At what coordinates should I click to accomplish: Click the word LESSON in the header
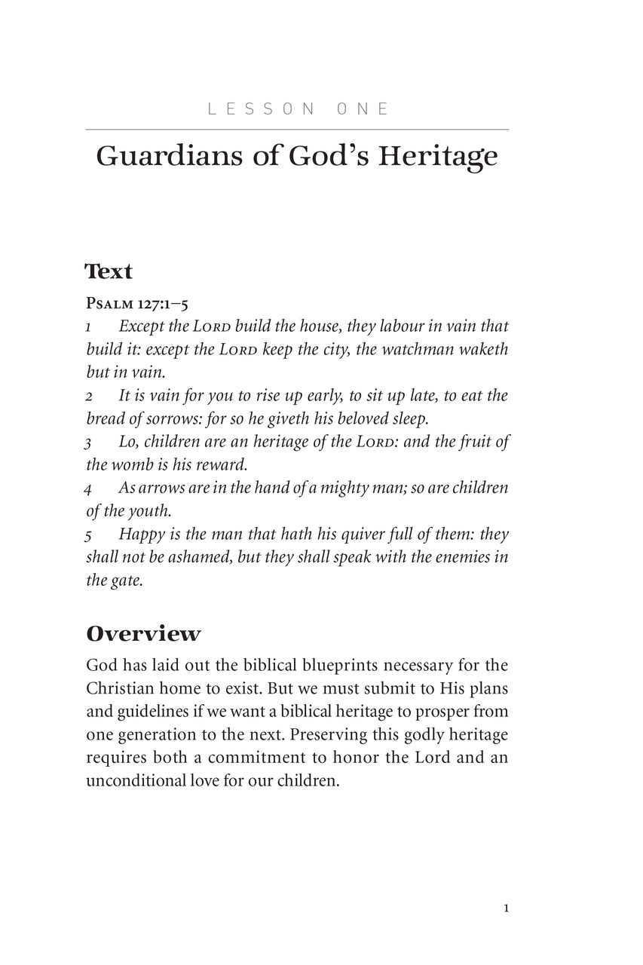261,109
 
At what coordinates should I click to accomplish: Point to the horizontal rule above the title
297,130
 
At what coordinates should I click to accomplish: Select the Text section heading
109,271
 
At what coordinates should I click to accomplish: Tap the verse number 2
89,397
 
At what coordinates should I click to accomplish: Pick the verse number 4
89,489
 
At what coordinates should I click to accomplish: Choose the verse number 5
89,535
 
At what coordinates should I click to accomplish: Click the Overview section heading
143,634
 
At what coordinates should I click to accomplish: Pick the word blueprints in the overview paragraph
335,666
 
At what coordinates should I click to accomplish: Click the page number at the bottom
506,908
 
